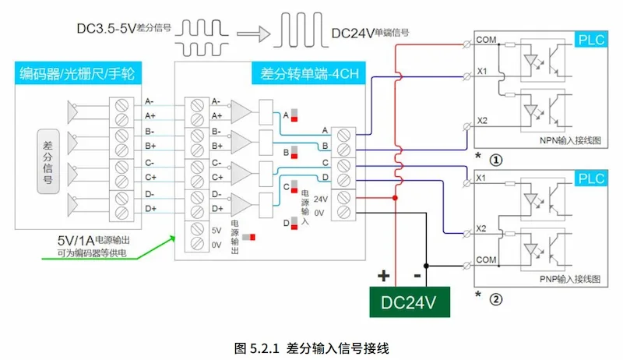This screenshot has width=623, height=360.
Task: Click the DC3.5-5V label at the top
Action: click(105, 29)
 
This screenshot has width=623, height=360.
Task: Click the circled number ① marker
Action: click(495, 160)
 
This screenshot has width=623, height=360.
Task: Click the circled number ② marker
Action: click(495, 296)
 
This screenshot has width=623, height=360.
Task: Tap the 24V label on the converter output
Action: click(320, 198)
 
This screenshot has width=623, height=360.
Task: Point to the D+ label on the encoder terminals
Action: click(150, 209)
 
